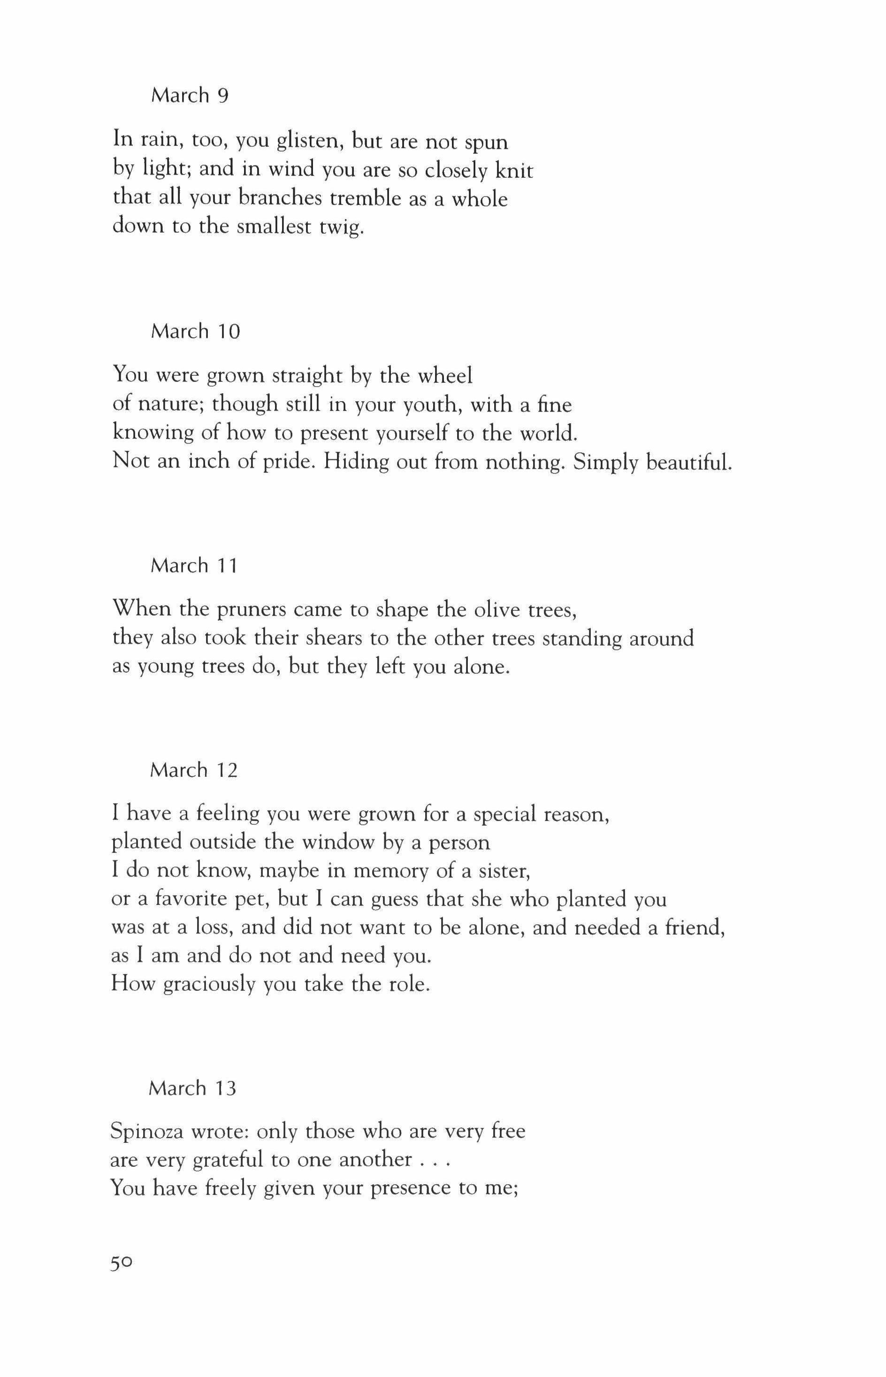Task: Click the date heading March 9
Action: click(x=190, y=96)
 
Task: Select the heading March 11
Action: click(x=194, y=566)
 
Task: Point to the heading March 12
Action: click(x=193, y=770)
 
